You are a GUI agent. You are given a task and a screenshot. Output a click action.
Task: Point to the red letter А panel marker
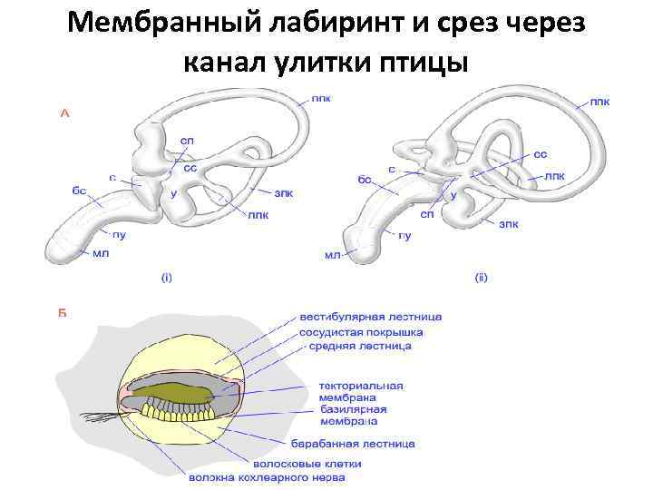64,114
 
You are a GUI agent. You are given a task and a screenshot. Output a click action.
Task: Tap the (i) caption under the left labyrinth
166,277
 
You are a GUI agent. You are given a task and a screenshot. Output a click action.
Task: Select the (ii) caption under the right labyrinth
481,277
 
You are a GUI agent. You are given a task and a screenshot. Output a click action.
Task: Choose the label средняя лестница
360,346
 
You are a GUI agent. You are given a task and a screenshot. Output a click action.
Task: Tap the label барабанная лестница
353,444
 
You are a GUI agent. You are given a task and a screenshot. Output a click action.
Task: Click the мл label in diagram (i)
100,254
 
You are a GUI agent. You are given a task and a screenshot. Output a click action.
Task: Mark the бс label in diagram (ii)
365,181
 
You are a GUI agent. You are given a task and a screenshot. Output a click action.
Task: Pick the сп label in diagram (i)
186,141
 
